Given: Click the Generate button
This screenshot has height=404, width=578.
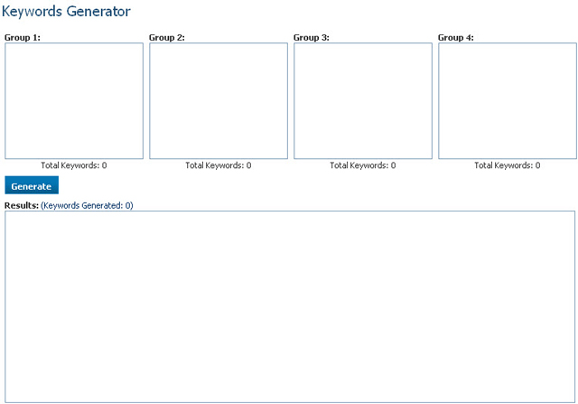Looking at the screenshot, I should pyautogui.click(x=32, y=186).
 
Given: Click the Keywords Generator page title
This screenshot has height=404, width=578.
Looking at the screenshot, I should pyautogui.click(x=66, y=12).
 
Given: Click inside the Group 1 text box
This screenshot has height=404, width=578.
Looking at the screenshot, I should pyautogui.click(x=74, y=100).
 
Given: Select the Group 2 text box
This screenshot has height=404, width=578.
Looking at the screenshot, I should pyautogui.click(x=219, y=100).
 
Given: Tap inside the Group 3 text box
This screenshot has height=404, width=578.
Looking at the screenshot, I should pyautogui.click(x=363, y=100).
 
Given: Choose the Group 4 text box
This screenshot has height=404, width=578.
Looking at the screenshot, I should pyautogui.click(x=508, y=100).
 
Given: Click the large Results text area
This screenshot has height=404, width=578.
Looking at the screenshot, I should pyautogui.click(x=290, y=306).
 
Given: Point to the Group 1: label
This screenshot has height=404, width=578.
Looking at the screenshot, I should pyautogui.click(x=23, y=37).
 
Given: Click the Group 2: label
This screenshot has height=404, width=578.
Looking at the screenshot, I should pyautogui.click(x=167, y=37).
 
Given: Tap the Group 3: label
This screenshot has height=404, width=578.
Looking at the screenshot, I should pyautogui.click(x=312, y=37).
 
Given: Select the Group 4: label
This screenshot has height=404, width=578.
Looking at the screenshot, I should pyautogui.click(x=456, y=37).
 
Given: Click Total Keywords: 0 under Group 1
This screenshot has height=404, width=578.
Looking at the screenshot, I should pyautogui.click(x=74, y=165).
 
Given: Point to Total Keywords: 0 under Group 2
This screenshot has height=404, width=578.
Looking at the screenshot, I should pyautogui.click(x=219, y=165).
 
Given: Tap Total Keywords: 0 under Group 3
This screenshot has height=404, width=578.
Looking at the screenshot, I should pyautogui.click(x=363, y=165).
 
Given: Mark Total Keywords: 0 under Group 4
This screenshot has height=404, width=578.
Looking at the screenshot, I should pyautogui.click(x=508, y=165).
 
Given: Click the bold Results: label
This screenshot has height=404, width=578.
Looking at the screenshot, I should pyautogui.click(x=22, y=205).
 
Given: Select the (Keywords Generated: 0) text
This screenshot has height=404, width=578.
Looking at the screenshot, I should pyautogui.click(x=88, y=205).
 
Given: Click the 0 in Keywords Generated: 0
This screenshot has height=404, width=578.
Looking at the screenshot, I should pyautogui.click(x=128, y=205).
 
